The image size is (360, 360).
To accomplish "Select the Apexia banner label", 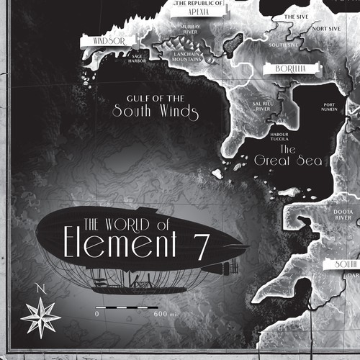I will tap(197, 12).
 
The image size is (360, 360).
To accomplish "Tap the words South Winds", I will tap(155, 112).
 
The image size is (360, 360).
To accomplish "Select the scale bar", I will tap(127, 307).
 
